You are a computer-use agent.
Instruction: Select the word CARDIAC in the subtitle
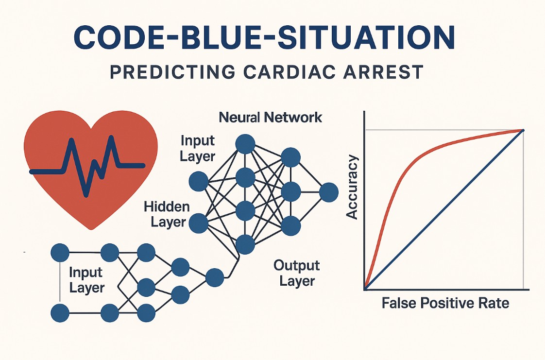point(289,71)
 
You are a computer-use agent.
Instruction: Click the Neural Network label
point(271,118)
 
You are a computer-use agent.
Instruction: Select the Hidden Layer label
point(167,214)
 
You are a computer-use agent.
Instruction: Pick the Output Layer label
point(296,273)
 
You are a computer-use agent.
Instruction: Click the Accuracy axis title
point(353,187)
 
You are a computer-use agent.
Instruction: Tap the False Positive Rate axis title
point(445,303)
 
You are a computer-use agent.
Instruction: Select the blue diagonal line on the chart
point(444,209)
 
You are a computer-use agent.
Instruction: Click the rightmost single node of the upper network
point(328,192)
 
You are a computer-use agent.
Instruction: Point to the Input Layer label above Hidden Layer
point(198,149)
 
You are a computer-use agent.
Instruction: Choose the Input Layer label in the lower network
point(86,280)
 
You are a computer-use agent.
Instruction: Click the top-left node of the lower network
point(60,253)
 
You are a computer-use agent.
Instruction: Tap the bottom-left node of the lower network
point(60,313)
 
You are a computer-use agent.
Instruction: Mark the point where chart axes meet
point(364,289)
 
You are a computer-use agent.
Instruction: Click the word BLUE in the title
point(220,37)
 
